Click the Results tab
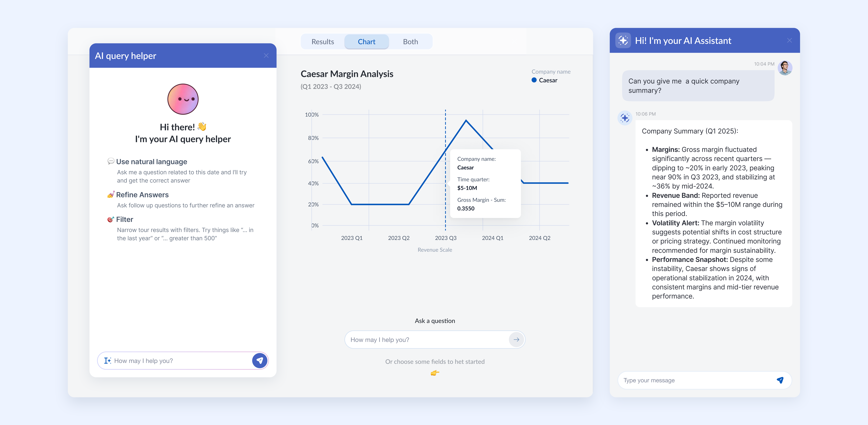tap(322, 42)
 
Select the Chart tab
tap(366, 42)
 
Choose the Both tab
tap(410, 42)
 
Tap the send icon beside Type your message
tap(780, 380)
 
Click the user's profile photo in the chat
tap(785, 68)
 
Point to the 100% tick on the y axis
tap(312, 115)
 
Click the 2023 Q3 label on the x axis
tap(445, 238)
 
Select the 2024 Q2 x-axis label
tap(539, 238)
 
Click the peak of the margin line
tap(466, 120)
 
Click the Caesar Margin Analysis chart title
tap(347, 74)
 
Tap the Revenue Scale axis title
tap(435, 250)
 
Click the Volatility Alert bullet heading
tap(675, 223)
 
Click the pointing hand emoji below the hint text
tap(435, 373)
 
